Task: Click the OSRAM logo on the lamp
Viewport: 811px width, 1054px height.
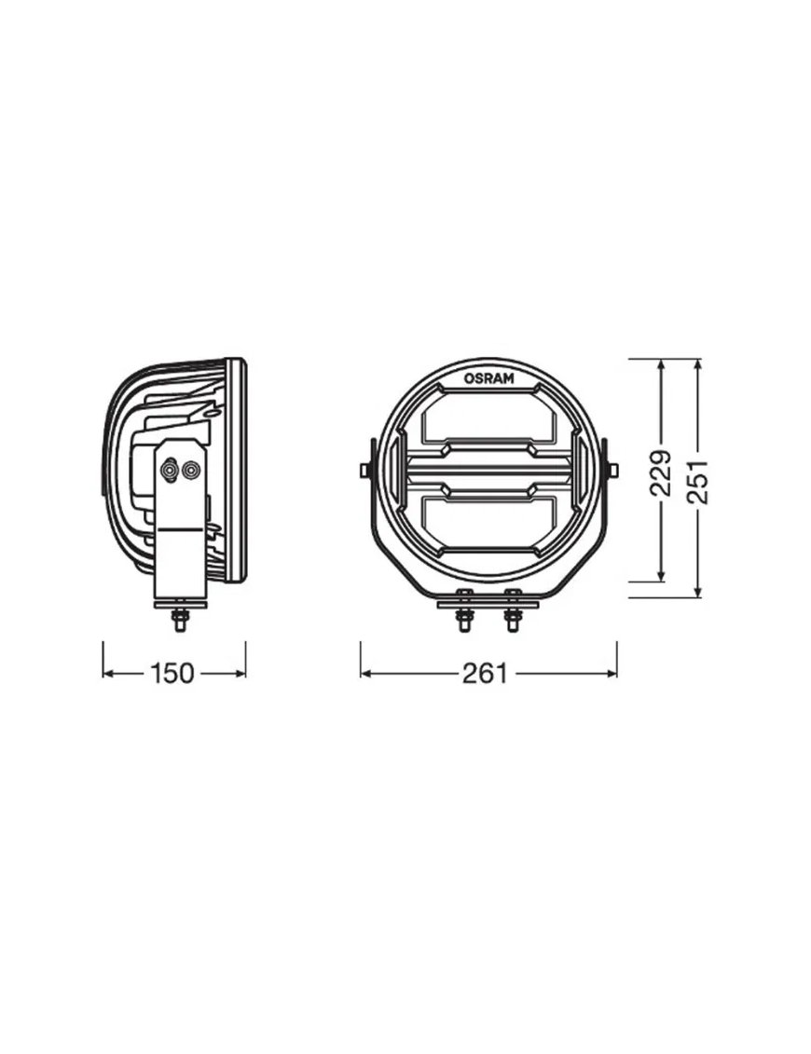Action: pos(488,377)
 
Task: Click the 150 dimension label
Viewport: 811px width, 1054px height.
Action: pos(172,673)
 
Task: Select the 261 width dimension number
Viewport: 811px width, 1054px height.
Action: pos(484,673)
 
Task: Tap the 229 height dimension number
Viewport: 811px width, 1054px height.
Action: pos(661,472)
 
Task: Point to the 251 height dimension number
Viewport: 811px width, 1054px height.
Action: pos(698,481)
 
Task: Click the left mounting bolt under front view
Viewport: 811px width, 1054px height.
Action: pos(462,611)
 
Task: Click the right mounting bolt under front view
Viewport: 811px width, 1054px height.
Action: pos(513,611)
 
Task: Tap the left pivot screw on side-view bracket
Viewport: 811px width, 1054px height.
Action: pos(171,469)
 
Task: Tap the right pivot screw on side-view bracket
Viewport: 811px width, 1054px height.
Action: pos(191,469)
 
